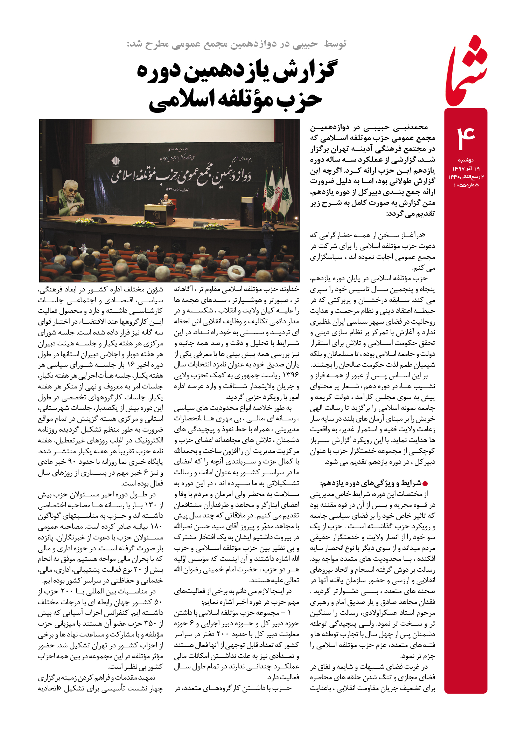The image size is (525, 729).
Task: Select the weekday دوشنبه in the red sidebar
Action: click(466, 160)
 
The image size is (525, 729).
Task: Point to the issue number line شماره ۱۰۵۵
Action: click(466, 185)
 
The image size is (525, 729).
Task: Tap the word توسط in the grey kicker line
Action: click(335, 44)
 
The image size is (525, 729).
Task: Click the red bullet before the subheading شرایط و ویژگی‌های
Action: click(425, 484)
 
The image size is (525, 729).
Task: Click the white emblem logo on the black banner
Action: click(115, 161)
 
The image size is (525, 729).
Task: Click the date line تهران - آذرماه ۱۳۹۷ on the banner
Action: click(177, 189)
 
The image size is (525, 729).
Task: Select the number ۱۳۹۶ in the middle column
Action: click(290, 376)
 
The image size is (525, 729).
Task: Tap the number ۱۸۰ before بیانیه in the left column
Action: click(156, 527)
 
